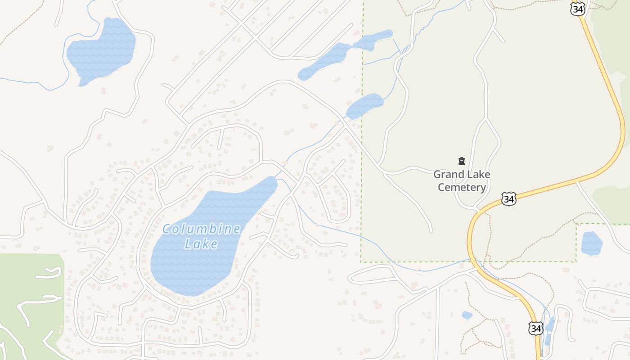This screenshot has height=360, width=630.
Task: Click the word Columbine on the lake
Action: (201, 229)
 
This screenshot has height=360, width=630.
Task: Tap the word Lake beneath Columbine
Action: (201, 244)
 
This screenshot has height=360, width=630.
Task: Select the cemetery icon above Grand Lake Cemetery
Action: (461, 161)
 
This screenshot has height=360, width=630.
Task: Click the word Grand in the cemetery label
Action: (448, 175)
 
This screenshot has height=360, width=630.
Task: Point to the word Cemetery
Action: (462, 187)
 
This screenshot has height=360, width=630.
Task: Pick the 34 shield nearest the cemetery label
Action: (508, 199)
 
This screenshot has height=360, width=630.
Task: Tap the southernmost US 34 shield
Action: (535, 328)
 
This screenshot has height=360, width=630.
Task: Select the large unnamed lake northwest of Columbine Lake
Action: (101, 50)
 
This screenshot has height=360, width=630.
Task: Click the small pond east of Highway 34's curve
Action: (592, 243)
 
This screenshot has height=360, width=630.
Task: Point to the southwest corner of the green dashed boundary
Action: (361, 261)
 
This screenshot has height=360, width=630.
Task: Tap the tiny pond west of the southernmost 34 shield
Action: (467, 315)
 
